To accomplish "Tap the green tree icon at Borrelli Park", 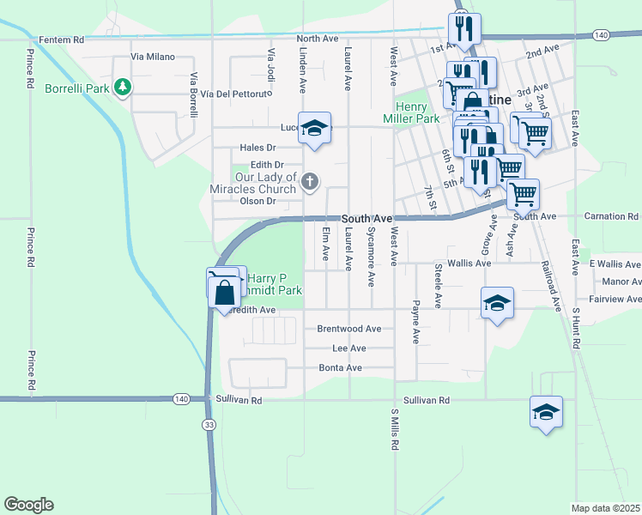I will (x=124, y=88).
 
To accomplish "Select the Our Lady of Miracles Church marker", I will (x=311, y=181).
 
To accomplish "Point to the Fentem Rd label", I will (x=62, y=39).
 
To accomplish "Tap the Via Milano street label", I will (x=153, y=57).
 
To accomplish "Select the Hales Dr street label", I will (x=257, y=148).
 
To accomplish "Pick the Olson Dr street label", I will (x=257, y=201).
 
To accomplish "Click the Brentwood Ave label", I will (x=349, y=329).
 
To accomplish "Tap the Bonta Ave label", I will (x=342, y=367).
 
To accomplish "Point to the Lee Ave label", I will (x=349, y=348).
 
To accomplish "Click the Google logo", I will (x=28, y=505).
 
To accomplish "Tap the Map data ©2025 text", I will (x=606, y=508).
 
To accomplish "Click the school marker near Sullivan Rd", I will (x=546, y=413).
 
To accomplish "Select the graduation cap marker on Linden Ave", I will (x=315, y=128).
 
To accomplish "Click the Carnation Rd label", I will (x=611, y=216).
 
